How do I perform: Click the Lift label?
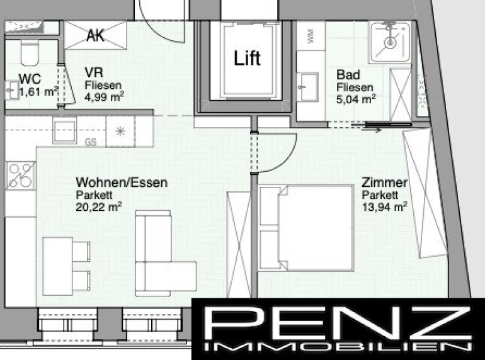coord(247,58)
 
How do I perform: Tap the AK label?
coord(96,35)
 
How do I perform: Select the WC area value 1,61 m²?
coord(38,92)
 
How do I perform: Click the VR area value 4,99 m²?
coord(104,97)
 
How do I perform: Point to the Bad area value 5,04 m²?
coord(356,99)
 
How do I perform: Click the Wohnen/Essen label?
coord(122,183)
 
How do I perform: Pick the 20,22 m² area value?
coord(99,206)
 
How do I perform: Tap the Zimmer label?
coord(384,183)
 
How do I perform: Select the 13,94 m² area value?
coord(384,206)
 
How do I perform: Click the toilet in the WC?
coord(30,52)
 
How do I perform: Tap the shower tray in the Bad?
coord(390,42)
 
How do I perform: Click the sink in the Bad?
coord(307,87)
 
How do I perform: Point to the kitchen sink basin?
coord(65,130)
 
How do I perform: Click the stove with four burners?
coord(21,176)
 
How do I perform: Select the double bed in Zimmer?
coord(306,228)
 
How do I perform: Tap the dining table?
coord(57,266)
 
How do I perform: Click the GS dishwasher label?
coord(91,142)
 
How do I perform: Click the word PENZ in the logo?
coord(338,323)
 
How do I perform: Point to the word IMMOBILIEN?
coord(338,347)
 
